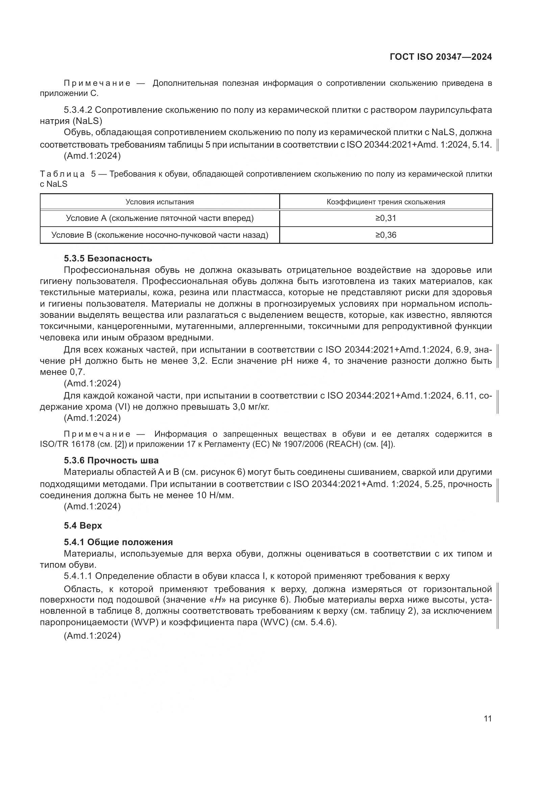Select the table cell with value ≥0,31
click(x=386, y=218)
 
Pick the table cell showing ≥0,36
click(x=386, y=235)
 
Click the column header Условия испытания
click(x=160, y=202)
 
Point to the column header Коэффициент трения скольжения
click(x=386, y=202)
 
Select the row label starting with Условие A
click(x=160, y=218)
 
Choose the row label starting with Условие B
click(x=160, y=235)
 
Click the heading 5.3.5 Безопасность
click(x=108, y=258)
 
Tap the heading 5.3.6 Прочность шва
click(x=111, y=460)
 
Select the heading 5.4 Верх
click(x=82, y=526)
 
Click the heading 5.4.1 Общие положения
click(x=118, y=542)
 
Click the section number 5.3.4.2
click(x=78, y=110)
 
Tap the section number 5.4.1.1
click(x=78, y=576)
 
